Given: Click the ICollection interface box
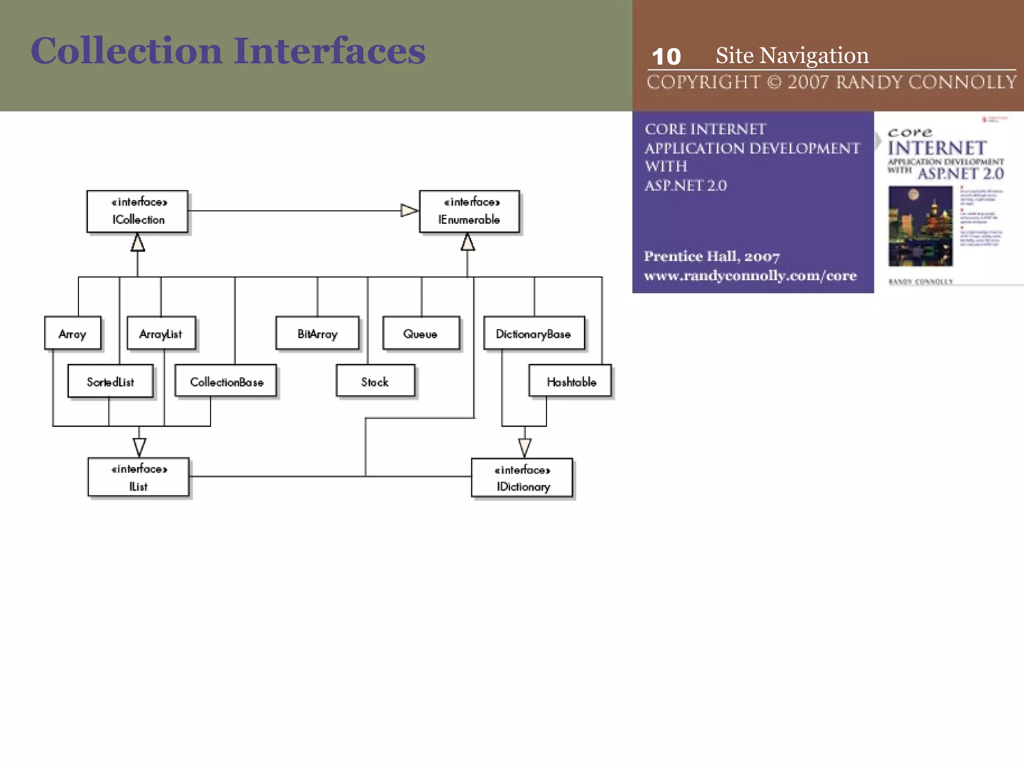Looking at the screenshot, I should [x=137, y=211].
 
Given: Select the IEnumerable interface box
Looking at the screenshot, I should [x=469, y=211].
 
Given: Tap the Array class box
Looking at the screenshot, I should [x=72, y=333].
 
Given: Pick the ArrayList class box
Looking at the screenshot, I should [x=161, y=333].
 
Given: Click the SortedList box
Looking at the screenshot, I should [x=110, y=381].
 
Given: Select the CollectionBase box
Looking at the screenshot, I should [x=226, y=381].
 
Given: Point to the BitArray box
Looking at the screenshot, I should [x=317, y=333].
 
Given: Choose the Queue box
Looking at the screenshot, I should [x=420, y=333].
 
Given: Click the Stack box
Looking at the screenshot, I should [x=375, y=381].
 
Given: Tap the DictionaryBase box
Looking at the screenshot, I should [x=533, y=333].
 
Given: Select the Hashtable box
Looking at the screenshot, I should [x=570, y=381].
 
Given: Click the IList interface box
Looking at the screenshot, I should [x=138, y=477].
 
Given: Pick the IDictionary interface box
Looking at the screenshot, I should [x=522, y=478].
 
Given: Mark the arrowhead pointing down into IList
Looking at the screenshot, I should [x=139, y=446].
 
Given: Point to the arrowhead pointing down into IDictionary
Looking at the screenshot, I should [x=524, y=446].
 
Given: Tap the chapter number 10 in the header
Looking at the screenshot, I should [x=666, y=56].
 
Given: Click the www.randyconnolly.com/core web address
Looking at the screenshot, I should [x=750, y=275].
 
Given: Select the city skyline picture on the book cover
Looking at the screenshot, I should [x=920, y=226].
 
